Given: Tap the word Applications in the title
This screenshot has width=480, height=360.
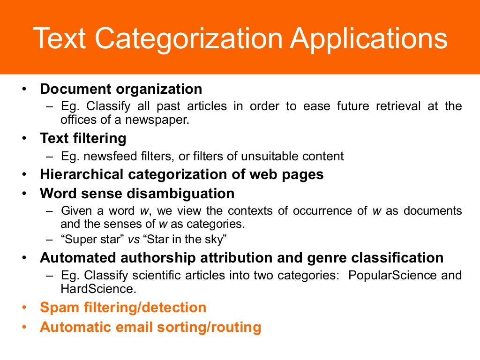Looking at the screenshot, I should coord(368,39).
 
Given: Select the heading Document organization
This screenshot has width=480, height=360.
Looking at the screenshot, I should coord(121,89).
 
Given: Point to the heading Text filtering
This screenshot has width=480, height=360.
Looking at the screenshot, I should coord(83,138).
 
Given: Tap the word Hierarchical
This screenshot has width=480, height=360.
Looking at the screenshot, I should coord(82,174).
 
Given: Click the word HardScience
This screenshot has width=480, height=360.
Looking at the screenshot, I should coord(98,289).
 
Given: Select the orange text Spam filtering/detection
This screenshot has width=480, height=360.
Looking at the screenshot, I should coord(123,307).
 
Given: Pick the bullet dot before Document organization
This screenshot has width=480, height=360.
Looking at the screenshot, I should coord(24,90).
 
